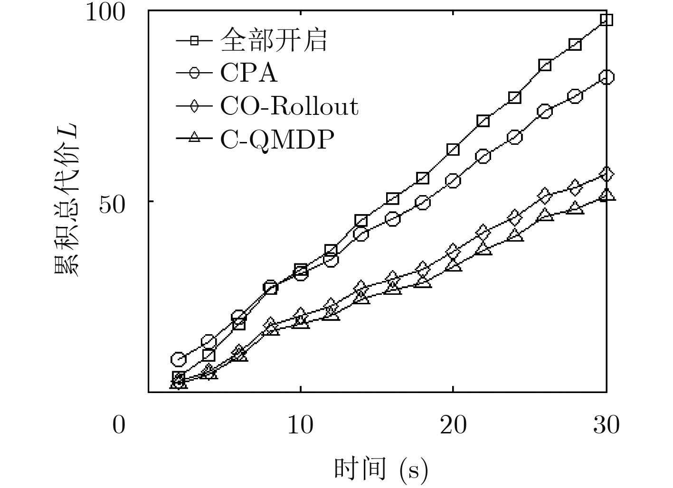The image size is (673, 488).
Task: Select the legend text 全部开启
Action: coord(274,39)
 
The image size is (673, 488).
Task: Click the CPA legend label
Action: coord(248,73)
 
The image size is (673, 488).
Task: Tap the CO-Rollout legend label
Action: coord(289,106)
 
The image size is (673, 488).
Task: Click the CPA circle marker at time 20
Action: coord(453,181)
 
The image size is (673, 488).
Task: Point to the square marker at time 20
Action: coord(453,150)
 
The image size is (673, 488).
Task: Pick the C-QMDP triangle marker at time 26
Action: coord(545,215)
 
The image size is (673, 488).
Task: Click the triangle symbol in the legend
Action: coord(193,139)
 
